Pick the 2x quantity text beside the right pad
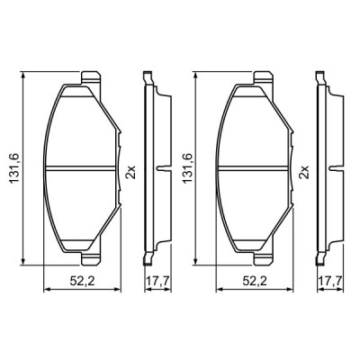[x=304, y=169]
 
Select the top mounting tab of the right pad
[x=261, y=78]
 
